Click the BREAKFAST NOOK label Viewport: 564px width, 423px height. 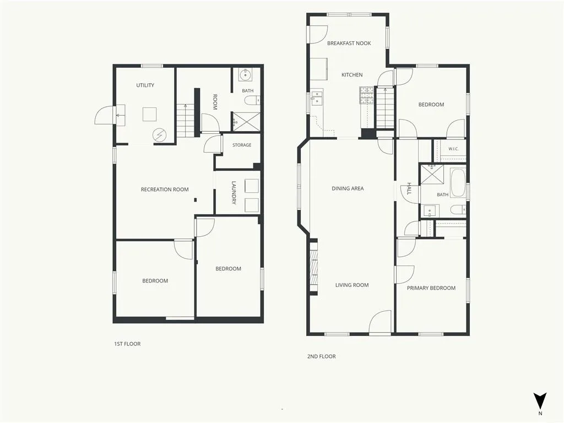click(349, 43)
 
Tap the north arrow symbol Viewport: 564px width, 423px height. click(540, 400)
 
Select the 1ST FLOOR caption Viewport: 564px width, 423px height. click(127, 344)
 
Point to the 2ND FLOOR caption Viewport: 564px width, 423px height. click(321, 356)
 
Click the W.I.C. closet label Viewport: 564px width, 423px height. click(453, 149)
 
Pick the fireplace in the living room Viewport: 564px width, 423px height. click(314, 267)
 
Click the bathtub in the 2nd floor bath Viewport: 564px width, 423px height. click(458, 183)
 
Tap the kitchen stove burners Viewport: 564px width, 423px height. click(366, 96)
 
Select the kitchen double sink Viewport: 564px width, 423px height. click(317, 97)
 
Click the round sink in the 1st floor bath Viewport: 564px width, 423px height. click(246, 75)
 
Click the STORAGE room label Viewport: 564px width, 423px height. click(242, 145)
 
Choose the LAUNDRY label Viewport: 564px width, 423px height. click(234, 192)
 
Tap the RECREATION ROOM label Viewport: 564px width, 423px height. click(165, 189)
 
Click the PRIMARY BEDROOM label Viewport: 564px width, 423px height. click(431, 288)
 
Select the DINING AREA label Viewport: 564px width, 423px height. click(348, 188)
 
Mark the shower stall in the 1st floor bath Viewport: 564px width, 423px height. click(246, 121)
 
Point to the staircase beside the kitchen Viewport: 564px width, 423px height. click(385, 107)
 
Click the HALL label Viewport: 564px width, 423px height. click(409, 188)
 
